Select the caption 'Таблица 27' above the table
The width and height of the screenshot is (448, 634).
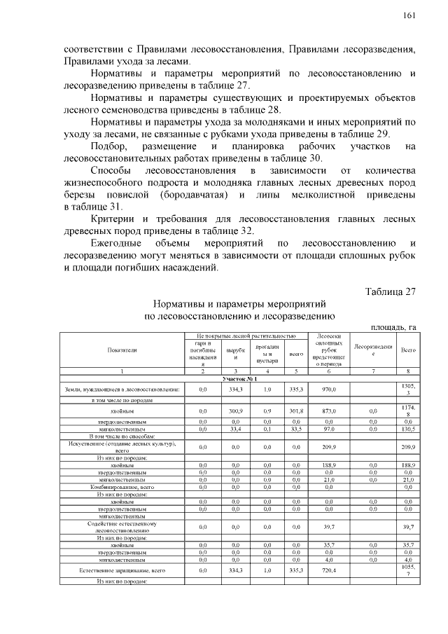pos(391,292)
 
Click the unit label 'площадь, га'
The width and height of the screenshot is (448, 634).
pos(393,326)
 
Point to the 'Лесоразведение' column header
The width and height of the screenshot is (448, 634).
pos(373,349)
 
